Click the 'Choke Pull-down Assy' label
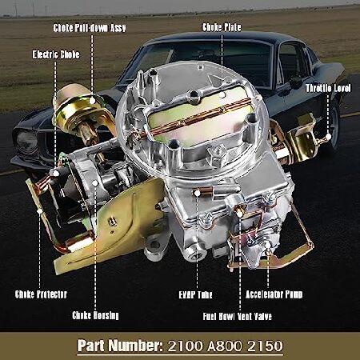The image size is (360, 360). coord(90,28)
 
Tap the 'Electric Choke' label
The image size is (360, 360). coord(56,54)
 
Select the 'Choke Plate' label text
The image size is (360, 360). coord(222,27)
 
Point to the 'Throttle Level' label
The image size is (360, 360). coord(328,88)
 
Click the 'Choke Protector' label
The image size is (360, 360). coord(41,294)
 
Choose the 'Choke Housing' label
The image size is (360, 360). coord(95,315)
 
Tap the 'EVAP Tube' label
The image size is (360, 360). coord(195,294)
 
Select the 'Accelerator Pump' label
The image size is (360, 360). coord(274,294)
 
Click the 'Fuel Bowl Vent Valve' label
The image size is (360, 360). coord(238,317)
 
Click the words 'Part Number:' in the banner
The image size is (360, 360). coord(120,346)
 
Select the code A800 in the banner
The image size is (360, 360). coord(226,346)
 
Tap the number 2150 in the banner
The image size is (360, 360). coord(265,346)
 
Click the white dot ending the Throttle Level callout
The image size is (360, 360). coord(329,137)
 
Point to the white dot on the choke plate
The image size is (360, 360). coord(222,94)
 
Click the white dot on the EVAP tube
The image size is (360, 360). coord(197,193)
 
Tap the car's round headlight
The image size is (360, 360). coord(26,142)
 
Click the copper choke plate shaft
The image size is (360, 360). coord(194,118)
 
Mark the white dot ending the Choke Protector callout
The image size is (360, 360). coord(39,211)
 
